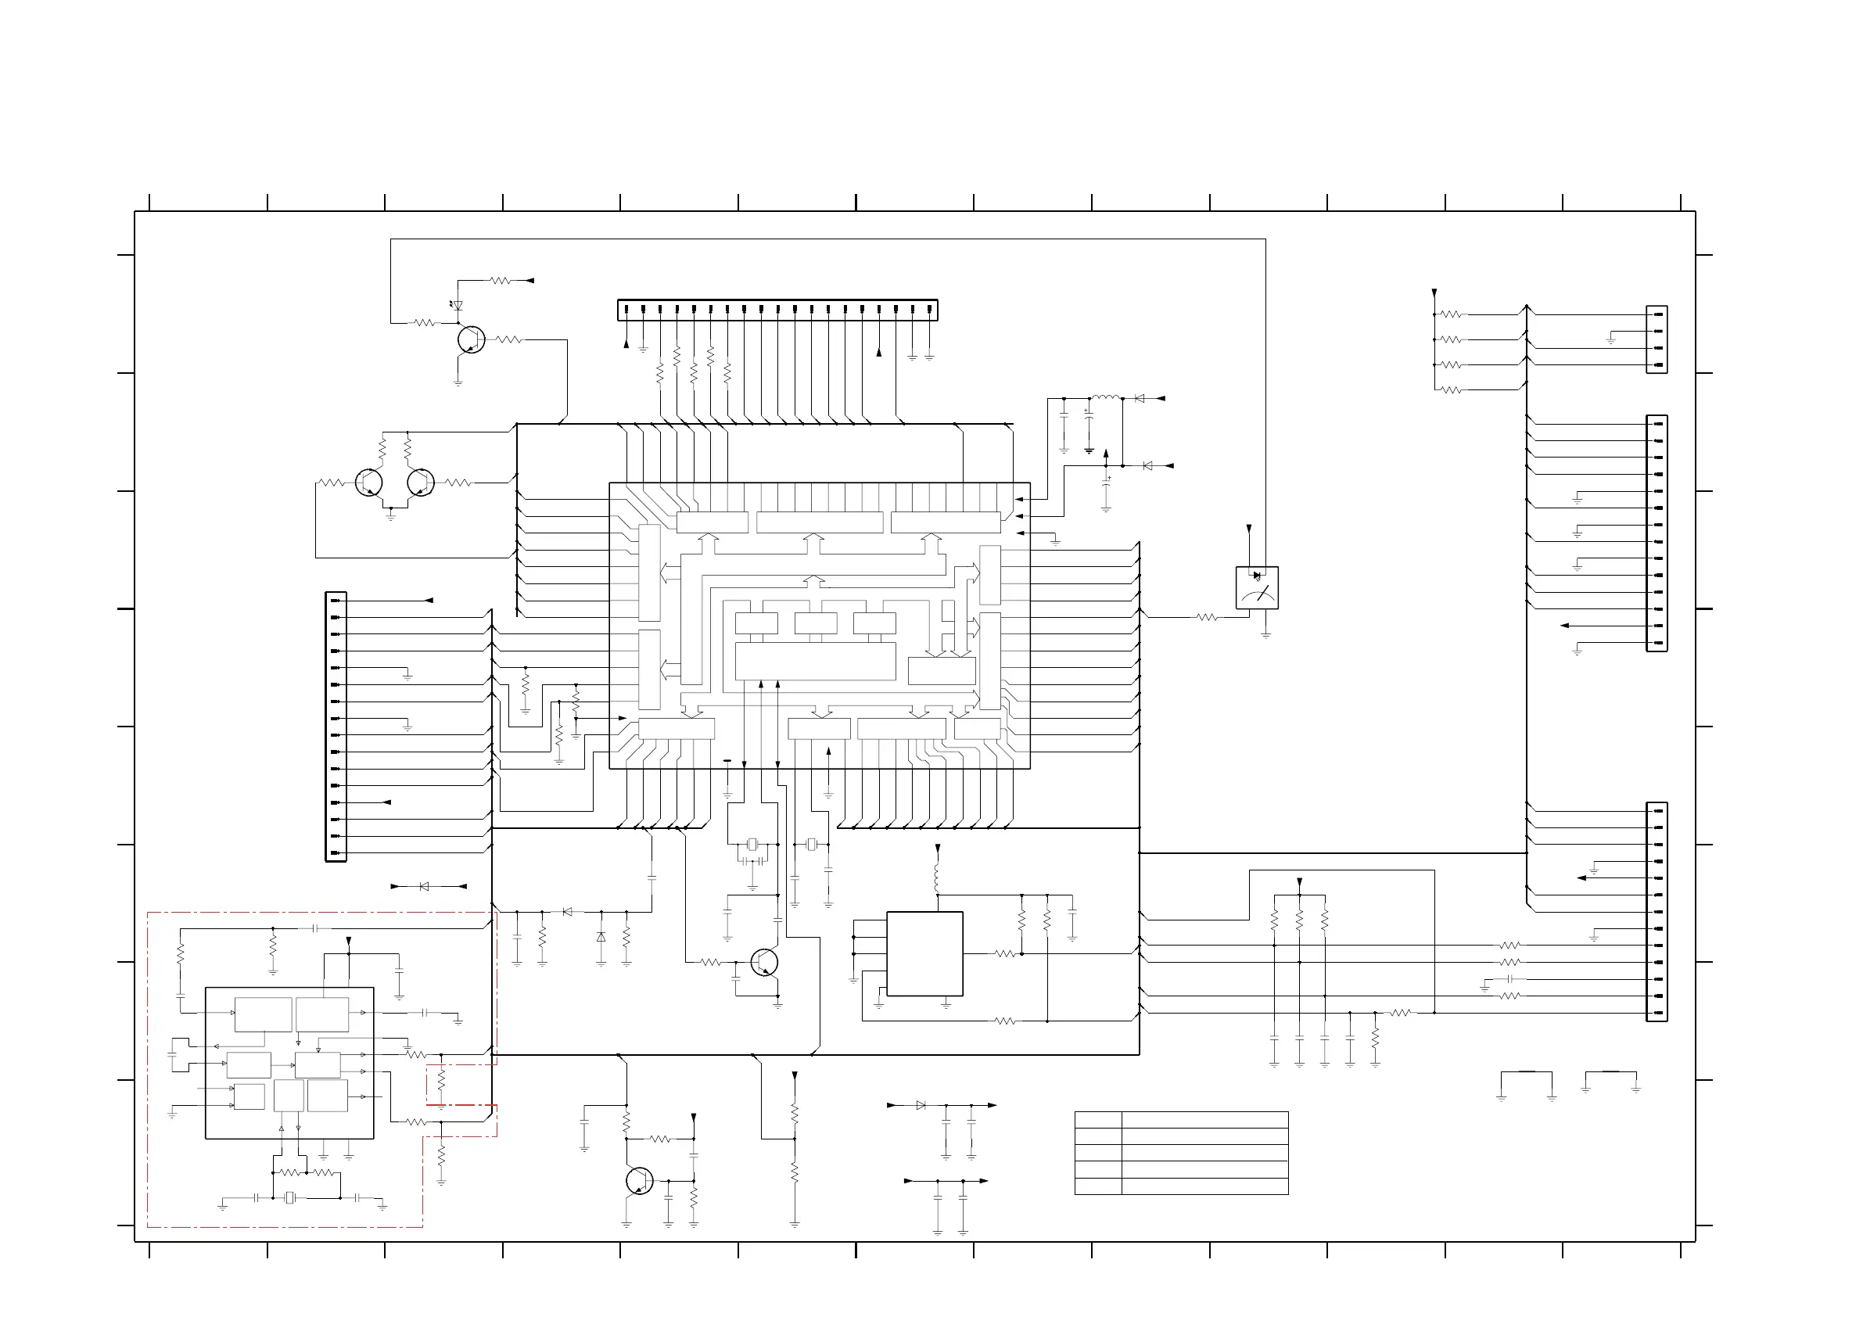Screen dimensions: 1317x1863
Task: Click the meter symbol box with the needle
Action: click(1256, 587)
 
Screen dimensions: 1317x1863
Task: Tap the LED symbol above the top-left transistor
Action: click(458, 306)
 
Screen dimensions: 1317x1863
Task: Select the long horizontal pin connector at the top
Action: click(777, 309)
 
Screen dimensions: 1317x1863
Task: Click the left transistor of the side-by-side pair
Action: click(368, 483)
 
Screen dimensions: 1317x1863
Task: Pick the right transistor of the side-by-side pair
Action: click(420, 483)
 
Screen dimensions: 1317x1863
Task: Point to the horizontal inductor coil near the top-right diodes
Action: click(1105, 397)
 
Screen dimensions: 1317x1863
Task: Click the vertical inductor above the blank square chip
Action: click(937, 877)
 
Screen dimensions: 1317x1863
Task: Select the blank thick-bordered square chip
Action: click(924, 953)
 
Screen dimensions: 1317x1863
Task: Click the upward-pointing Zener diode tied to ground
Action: click(601, 936)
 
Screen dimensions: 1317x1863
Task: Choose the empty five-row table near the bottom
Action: click(1182, 1153)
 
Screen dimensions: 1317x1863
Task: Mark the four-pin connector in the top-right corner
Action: click(1656, 339)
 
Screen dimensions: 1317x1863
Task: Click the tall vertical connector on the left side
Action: click(336, 727)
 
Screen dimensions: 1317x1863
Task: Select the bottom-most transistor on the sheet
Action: click(638, 1181)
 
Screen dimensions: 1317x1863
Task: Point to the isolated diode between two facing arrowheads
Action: click(424, 887)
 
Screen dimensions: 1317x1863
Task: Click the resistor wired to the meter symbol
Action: click(1207, 618)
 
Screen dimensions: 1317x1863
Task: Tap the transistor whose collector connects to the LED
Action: click(471, 340)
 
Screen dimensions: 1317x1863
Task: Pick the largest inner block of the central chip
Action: click(815, 662)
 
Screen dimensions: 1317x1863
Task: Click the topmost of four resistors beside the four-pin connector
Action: click(1450, 314)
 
